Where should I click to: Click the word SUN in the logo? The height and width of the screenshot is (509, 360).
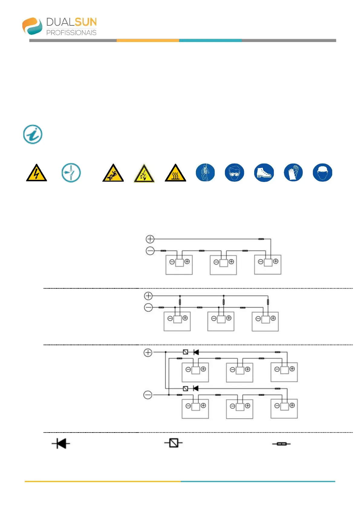pyautogui.click(x=86, y=22)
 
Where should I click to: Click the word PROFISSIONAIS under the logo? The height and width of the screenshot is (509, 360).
pyautogui.click(x=71, y=33)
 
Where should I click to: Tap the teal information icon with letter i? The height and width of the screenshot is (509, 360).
pyautogui.click(x=33, y=134)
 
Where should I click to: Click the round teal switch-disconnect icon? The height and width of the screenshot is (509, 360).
pyautogui.click(x=71, y=173)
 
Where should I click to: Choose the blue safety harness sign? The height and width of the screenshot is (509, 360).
pyautogui.click(x=205, y=173)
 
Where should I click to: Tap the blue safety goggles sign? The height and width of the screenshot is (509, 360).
pyautogui.click(x=234, y=173)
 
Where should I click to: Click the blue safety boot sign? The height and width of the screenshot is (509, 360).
pyautogui.click(x=264, y=173)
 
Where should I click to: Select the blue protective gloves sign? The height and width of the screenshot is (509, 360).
pyautogui.click(x=293, y=173)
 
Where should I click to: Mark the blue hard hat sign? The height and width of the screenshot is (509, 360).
pyautogui.click(x=322, y=173)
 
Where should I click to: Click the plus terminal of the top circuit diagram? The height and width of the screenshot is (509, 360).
pyautogui.click(x=150, y=239)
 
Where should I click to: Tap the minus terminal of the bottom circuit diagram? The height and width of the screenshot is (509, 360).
pyautogui.click(x=148, y=395)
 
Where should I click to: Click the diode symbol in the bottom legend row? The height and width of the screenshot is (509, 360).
pyautogui.click(x=61, y=444)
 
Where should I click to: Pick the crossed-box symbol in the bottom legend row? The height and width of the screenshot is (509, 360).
pyautogui.click(x=174, y=443)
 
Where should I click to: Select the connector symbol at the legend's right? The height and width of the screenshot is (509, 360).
pyautogui.click(x=281, y=444)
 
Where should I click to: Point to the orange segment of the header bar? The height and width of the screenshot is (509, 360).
pyautogui.click(x=148, y=40)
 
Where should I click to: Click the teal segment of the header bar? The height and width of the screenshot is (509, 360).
pyautogui.click(x=210, y=40)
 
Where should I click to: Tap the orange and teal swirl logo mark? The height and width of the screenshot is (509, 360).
pyautogui.click(x=32, y=26)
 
